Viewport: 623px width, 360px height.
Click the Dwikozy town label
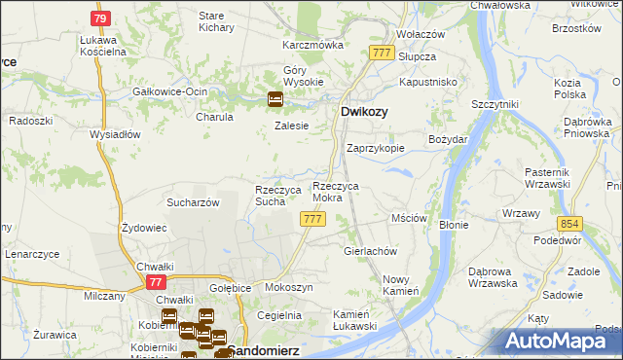[365, 113]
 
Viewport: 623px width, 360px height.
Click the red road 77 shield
[156, 281]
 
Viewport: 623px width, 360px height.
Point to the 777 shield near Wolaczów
[382, 54]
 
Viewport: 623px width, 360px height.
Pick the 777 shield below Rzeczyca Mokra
[312, 220]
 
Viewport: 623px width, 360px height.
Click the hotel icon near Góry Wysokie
[275, 97]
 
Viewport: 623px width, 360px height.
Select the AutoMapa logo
[561, 341]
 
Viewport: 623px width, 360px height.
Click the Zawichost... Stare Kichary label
[211, 22]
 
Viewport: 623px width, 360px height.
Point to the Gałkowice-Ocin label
[170, 91]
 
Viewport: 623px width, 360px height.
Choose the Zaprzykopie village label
[376, 148]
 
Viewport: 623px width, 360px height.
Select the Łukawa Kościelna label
[102, 46]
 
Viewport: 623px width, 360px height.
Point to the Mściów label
[409, 219]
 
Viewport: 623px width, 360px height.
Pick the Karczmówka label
[313, 45]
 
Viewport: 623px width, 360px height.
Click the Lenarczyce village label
[32, 254]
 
